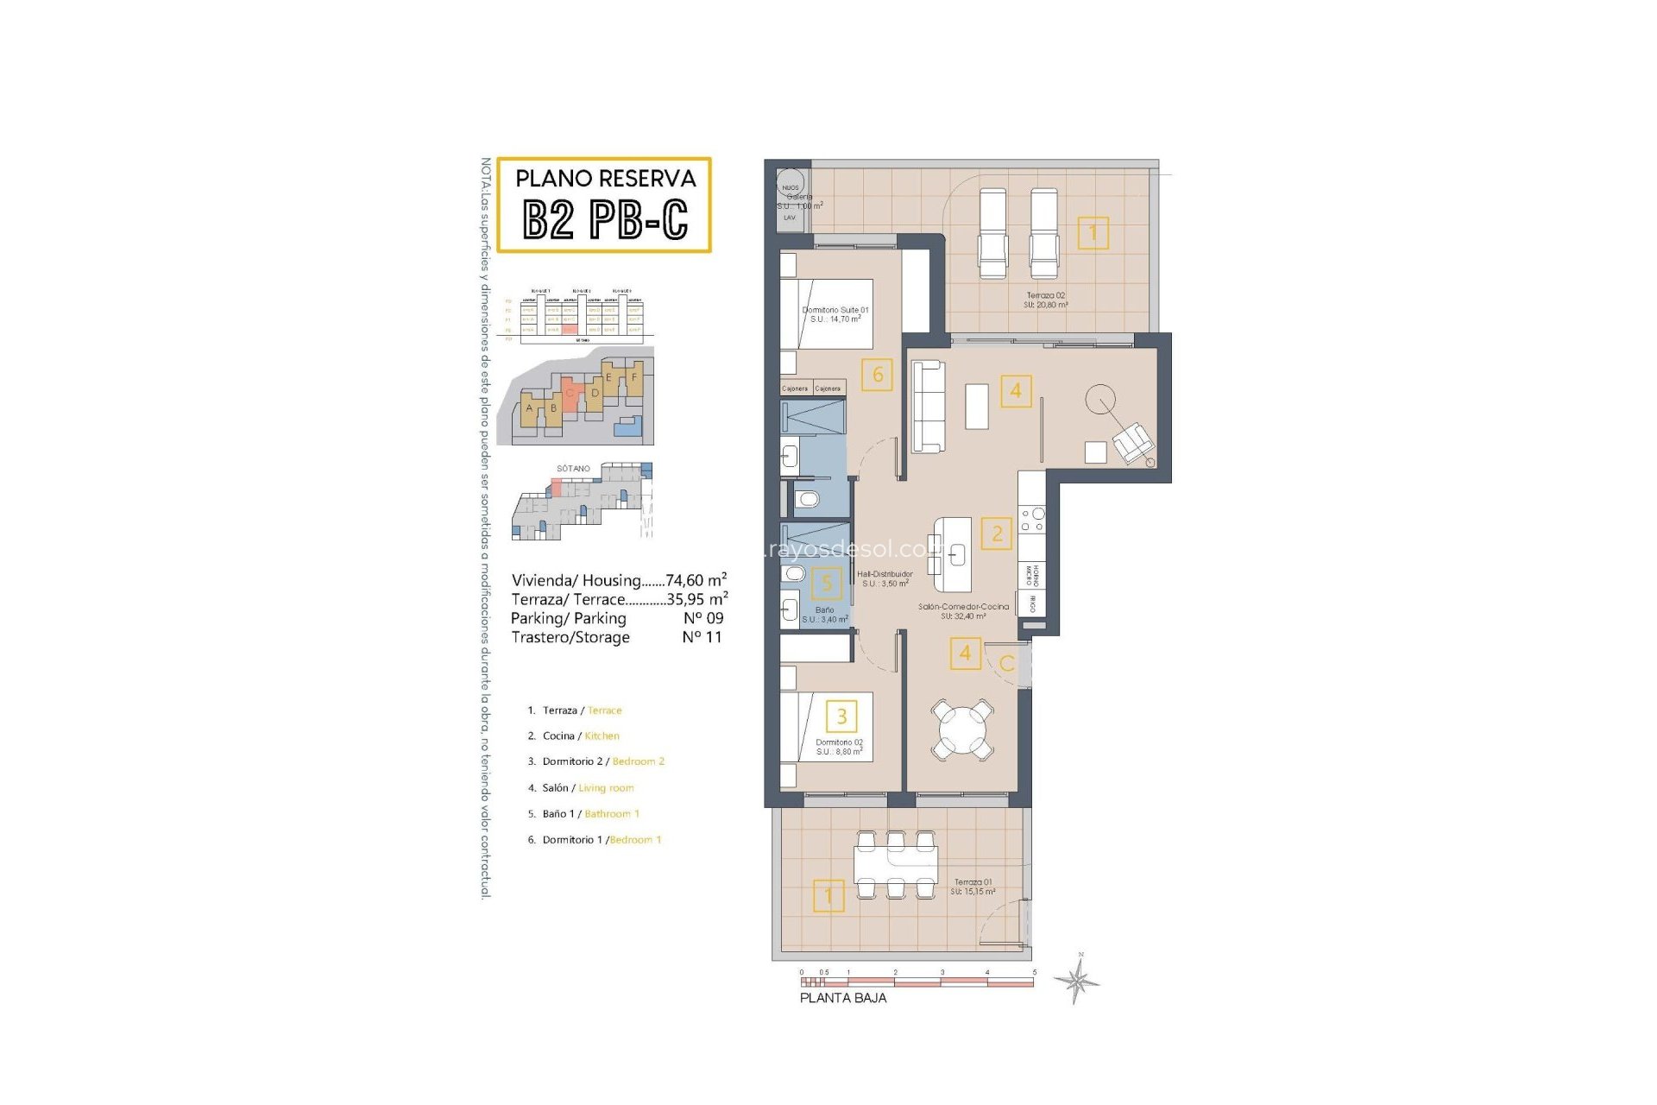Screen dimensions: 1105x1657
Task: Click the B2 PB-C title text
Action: (605, 219)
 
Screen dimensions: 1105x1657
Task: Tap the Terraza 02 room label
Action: (1045, 300)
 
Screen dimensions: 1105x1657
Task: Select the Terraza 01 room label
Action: (973, 887)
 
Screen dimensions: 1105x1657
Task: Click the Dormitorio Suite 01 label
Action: (835, 314)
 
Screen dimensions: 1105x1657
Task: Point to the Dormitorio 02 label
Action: (839, 747)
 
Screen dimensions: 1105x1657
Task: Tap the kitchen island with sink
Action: (953, 553)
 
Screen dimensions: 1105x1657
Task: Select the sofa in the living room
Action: (928, 406)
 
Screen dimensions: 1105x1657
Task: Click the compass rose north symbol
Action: (1076, 980)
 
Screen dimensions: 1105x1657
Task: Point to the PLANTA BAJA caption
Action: (842, 997)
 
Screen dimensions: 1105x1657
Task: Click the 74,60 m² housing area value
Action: (696, 580)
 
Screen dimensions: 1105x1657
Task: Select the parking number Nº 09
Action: (702, 618)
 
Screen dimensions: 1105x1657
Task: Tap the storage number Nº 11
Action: (701, 637)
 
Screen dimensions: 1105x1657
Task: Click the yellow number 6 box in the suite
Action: (877, 375)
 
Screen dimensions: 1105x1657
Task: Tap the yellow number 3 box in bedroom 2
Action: (841, 716)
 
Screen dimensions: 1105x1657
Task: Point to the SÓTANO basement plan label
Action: (573, 468)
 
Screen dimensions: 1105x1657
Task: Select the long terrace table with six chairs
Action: (896, 863)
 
